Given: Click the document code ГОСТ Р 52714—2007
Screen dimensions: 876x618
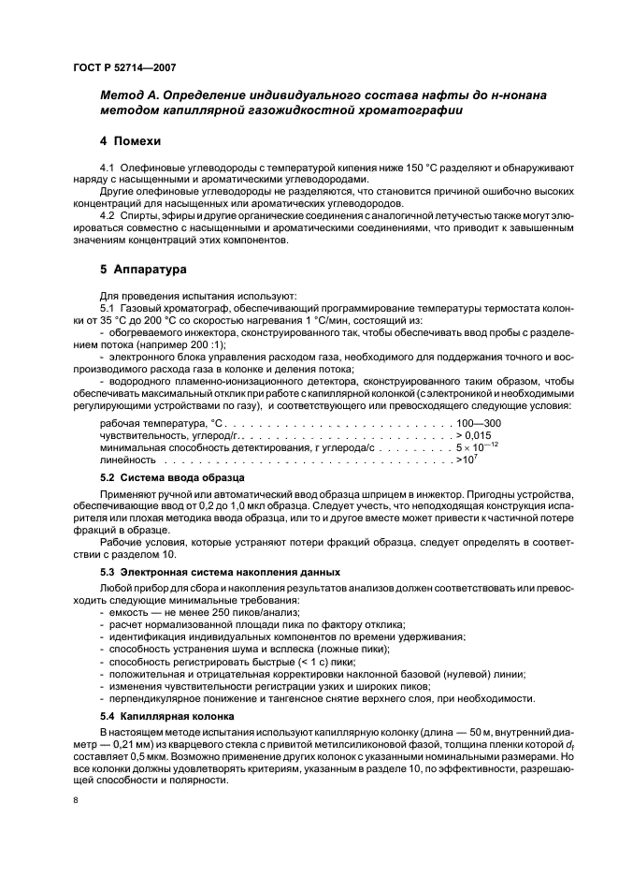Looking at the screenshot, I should (x=123, y=68).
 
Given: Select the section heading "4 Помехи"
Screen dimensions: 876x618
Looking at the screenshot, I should (x=131, y=141).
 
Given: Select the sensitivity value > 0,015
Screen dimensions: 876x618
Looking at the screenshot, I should (x=473, y=436).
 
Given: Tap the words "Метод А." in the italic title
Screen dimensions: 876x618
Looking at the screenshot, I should (x=135, y=96).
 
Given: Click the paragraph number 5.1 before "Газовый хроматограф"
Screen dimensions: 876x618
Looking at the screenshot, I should (x=108, y=308).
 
